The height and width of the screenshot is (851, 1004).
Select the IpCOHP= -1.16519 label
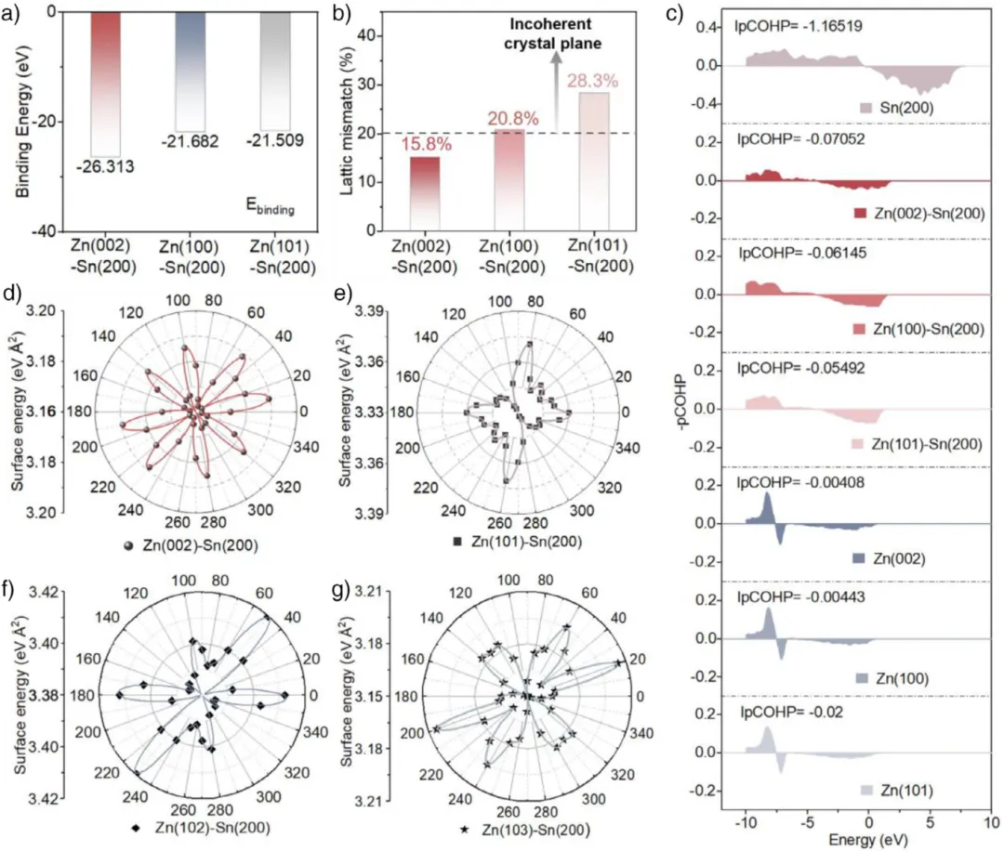click(790, 27)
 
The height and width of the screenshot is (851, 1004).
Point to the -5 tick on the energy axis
click(808, 822)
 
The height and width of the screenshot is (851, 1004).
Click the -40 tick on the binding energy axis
click(44, 231)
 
